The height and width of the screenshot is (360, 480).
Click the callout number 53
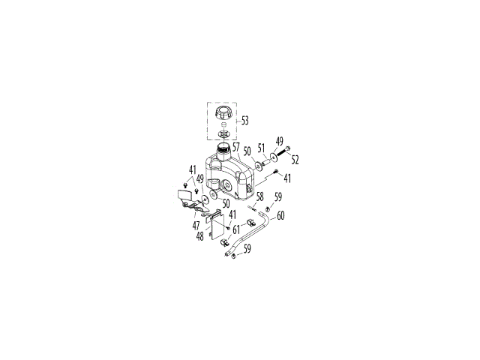pos(245,121)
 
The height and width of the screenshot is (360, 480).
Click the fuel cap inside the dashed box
pos(223,113)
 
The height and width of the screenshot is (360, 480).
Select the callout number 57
pos(236,147)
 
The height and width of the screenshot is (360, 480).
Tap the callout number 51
pos(261,148)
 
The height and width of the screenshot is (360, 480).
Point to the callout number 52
pos(295,160)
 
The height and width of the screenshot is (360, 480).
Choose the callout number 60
pos(280,215)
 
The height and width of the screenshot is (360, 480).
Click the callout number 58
pos(260,196)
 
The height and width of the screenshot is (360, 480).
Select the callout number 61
pos(236,229)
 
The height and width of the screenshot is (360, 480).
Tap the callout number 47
pos(196,226)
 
